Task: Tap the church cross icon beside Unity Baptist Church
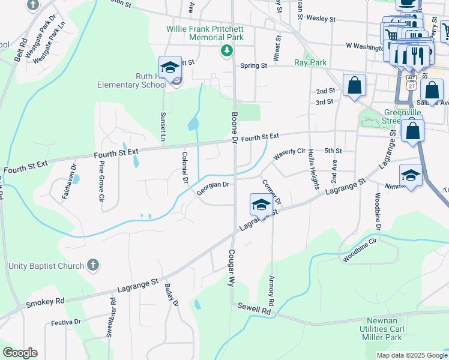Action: click(93, 265)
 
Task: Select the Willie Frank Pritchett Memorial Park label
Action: click(205, 33)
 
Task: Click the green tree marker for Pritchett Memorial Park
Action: click(226, 50)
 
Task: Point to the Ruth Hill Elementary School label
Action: click(132, 80)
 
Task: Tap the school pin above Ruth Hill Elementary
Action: click(170, 68)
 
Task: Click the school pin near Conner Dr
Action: click(261, 205)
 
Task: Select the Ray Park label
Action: click(310, 62)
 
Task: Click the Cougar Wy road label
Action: click(230, 269)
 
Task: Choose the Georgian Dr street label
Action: click(213, 188)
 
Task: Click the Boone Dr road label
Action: click(235, 127)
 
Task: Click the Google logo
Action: click(20, 353)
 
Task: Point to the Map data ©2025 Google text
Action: click(411, 355)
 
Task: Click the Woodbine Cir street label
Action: click(360, 250)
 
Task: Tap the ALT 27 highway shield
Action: click(411, 81)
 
